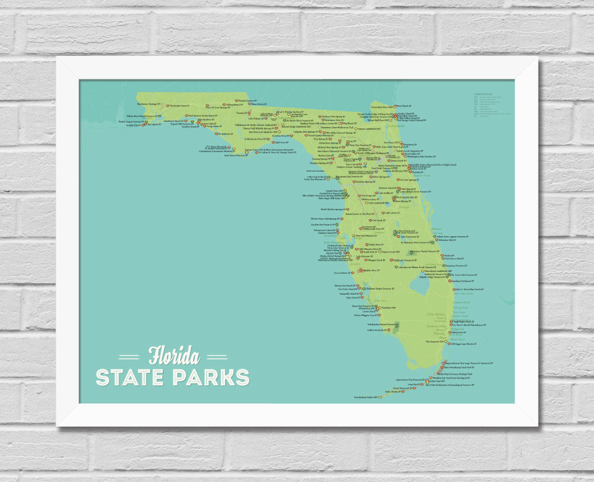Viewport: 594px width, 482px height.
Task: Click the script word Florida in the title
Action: pyautogui.click(x=173, y=355)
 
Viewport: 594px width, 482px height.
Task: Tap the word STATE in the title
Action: pyautogui.click(x=131, y=377)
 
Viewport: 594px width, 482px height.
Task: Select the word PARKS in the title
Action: pyautogui.click(x=211, y=377)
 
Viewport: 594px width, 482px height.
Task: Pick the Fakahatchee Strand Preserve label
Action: pyautogui.click(x=372, y=324)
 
